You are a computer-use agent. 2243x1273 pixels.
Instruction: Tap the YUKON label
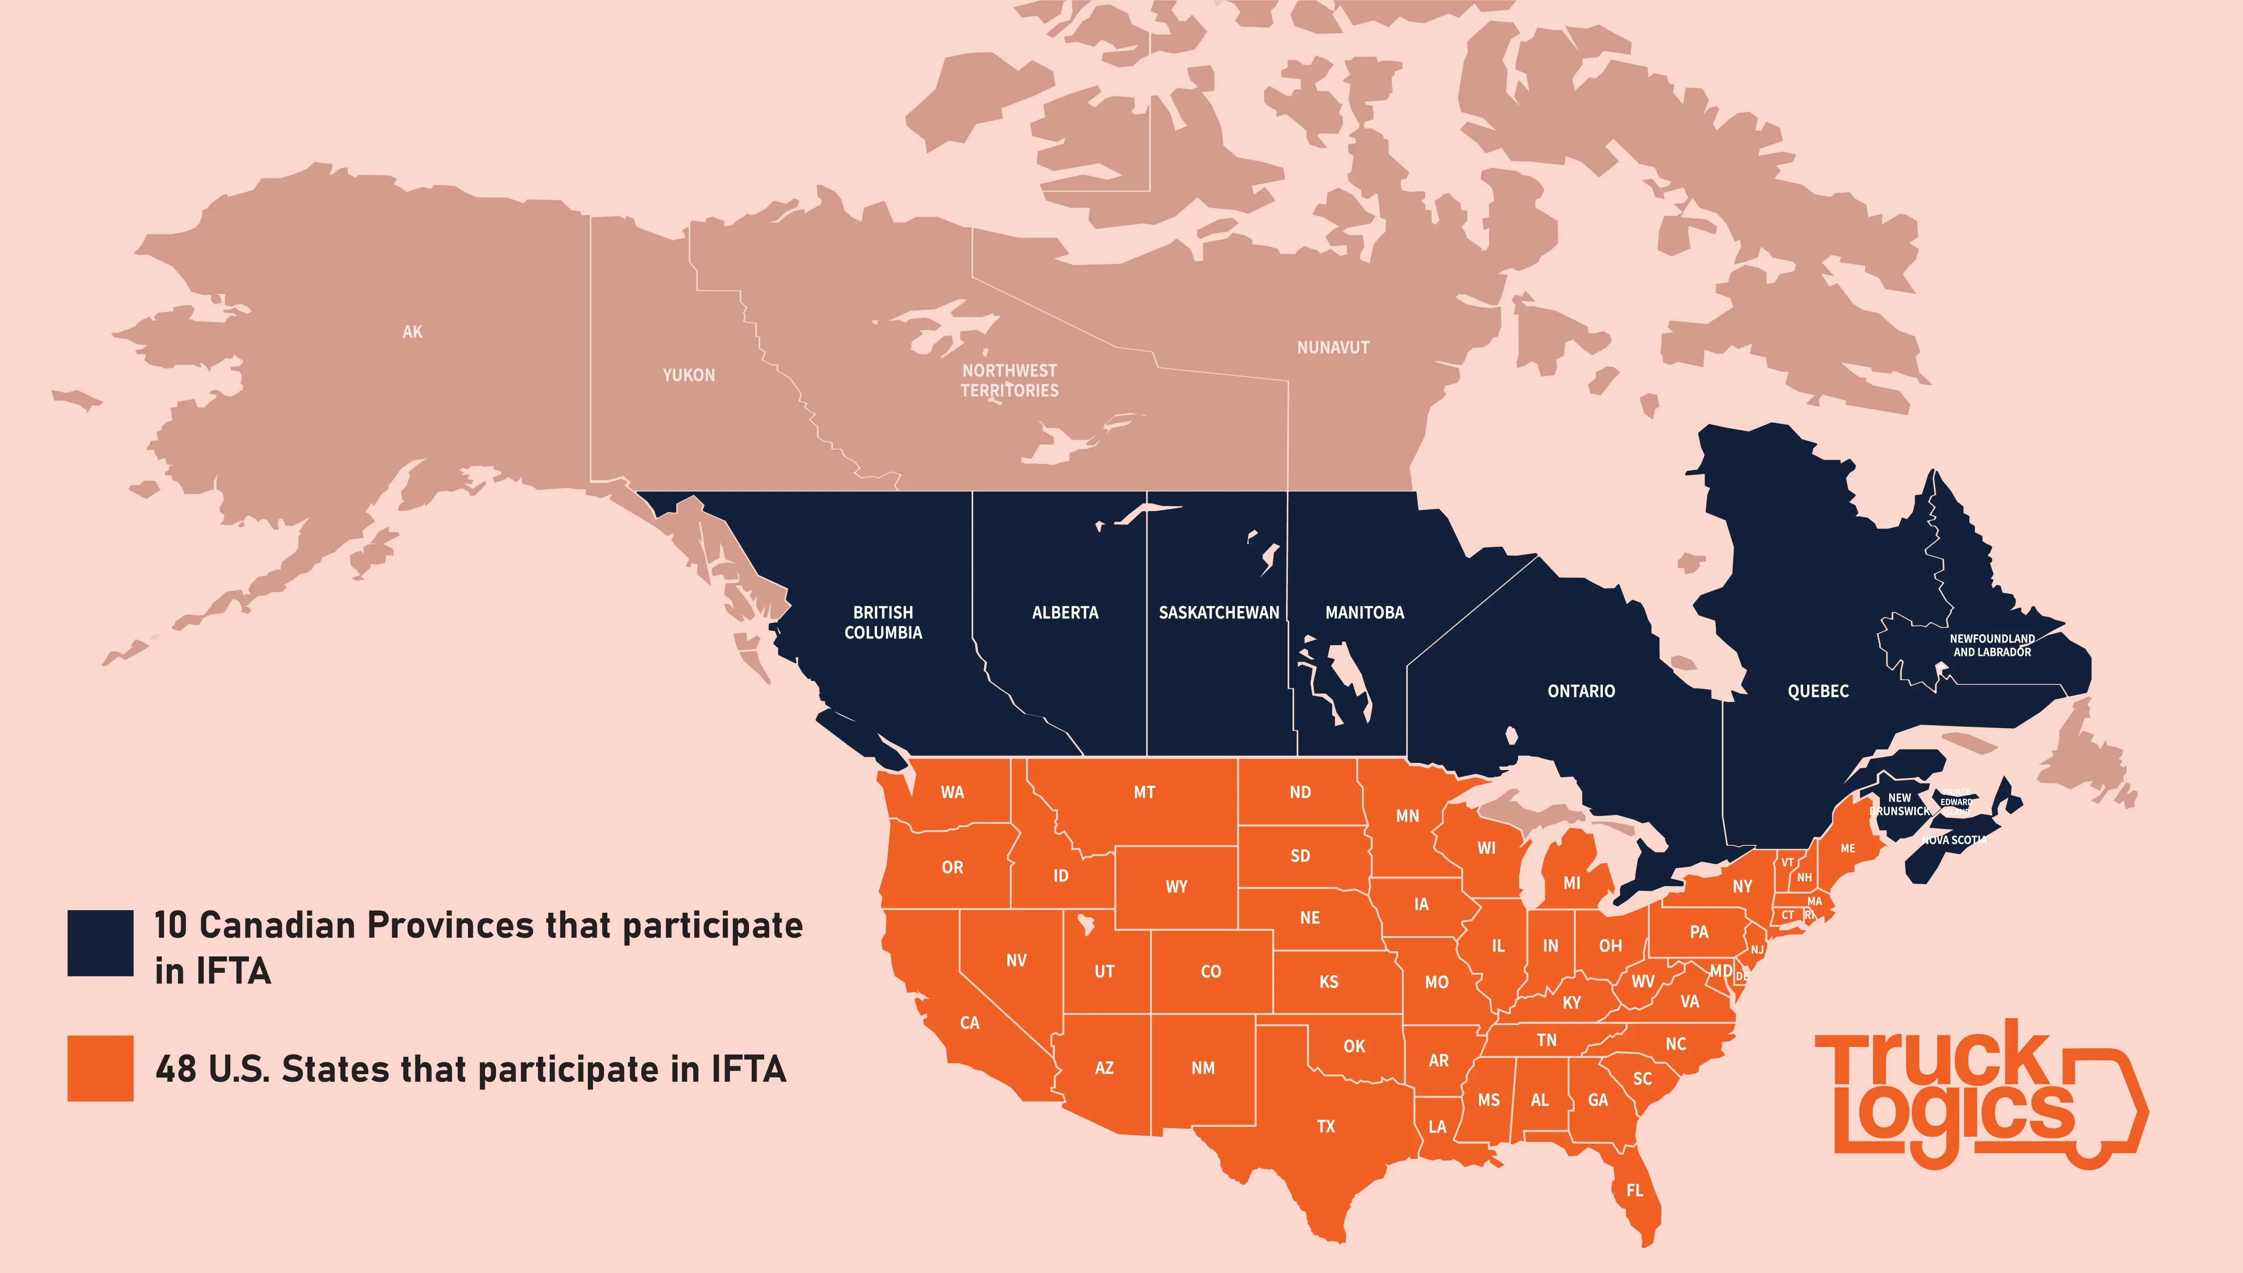pos(688,375)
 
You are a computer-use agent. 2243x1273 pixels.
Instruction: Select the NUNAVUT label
pos(1333,347)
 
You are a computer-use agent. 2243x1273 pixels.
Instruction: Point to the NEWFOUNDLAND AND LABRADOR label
pos(1992,645)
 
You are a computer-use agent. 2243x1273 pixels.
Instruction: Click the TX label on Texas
pos(1326,1126)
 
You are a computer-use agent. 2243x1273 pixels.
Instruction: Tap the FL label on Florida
pos(1635,1190)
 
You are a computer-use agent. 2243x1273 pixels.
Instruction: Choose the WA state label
pos(952,793)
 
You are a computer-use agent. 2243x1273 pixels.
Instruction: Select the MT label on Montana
pos(1144,793)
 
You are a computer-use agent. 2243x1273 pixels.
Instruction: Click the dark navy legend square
pos(100,943)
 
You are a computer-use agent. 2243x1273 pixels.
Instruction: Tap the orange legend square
pos(100,1068)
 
